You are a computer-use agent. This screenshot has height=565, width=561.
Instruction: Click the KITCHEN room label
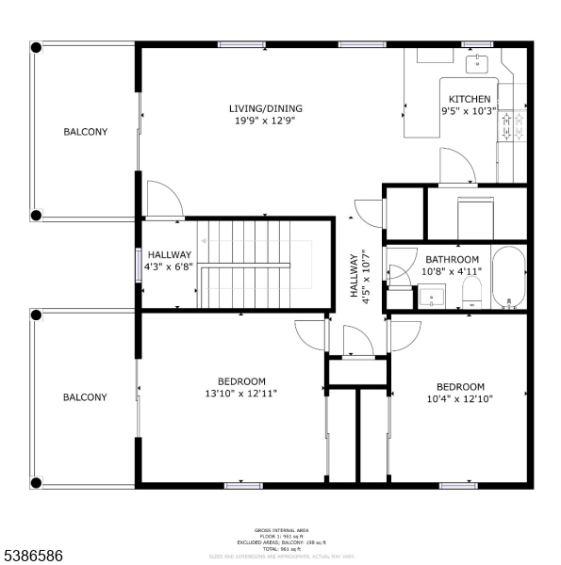[469, 99]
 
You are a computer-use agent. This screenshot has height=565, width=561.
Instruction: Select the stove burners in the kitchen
[512, 127]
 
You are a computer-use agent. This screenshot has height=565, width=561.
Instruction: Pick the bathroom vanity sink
[436, 299]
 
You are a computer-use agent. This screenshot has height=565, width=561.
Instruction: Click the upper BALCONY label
[85, 132]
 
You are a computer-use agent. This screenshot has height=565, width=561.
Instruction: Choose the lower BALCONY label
[85, 397]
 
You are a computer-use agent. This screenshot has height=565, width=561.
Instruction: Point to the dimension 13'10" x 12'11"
[241, 393]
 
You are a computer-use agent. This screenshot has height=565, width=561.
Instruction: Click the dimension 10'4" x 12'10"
[460, 398]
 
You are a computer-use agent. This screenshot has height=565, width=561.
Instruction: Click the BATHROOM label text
[452, 260]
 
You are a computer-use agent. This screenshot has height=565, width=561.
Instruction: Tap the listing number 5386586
[34, 552]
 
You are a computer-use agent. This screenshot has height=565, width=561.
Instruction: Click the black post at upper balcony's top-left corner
[36, 46]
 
